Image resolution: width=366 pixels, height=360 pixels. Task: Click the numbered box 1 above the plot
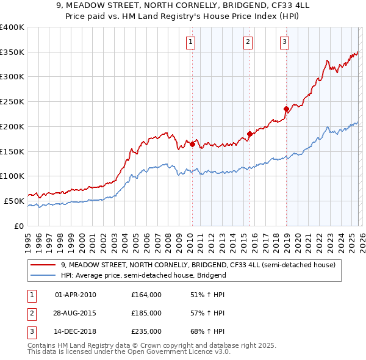coord(191,42)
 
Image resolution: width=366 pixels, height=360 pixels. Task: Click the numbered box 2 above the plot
coord(248,42)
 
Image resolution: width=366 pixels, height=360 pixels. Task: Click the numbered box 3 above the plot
coord(284,42)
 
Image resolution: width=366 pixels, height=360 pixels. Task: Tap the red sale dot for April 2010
coord(192,144)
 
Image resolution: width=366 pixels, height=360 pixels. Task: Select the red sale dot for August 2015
coord(249,134)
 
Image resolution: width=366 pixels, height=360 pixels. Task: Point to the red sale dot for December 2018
coord(285,109)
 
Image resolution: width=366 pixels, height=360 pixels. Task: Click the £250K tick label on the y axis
coord(12,101)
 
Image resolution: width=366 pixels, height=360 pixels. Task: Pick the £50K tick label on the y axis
coord(14,201)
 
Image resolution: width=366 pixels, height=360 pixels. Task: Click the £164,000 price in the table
coord(146,295)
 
